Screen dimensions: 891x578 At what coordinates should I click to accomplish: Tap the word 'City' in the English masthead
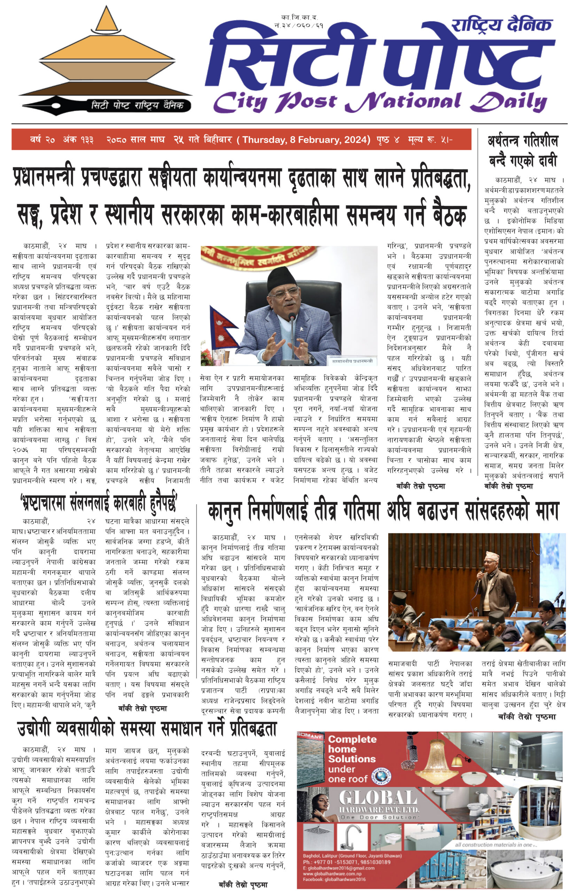pyautogui.click(x=240, y=102)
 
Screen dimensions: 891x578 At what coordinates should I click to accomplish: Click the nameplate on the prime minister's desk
pyautogui.click(x=352, y=361)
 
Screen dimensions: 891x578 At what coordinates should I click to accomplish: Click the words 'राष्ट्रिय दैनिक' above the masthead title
pyautogui.click(x=502, y=25)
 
